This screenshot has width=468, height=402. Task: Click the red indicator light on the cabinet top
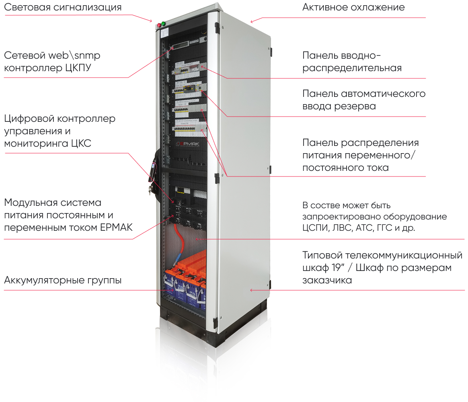159,25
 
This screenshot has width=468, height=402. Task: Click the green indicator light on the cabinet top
164,23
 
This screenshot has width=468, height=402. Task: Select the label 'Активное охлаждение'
353,7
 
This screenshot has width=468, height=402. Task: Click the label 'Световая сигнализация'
63,7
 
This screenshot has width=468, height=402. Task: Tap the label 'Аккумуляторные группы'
63,280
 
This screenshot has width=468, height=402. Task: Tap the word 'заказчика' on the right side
327,280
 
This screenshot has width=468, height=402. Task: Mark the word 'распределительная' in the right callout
352,68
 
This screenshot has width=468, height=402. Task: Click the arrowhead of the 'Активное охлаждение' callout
252,21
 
